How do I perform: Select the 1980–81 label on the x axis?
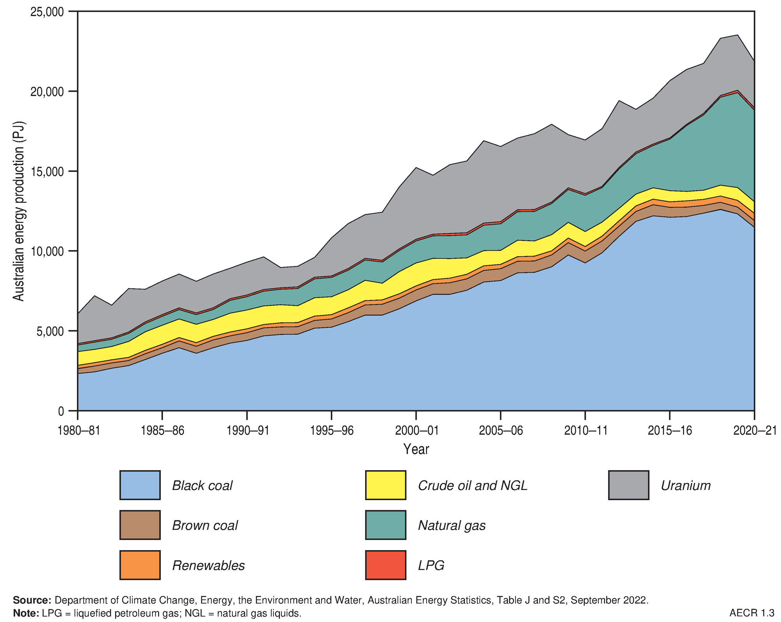click(x=78, y=431)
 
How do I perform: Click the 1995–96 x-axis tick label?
click(x=332, y=431)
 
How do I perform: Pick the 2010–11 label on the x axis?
click(x=585, y=431)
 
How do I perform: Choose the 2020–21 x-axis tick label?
click(x=754, y=431)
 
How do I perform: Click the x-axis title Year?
click(x=416, y=449)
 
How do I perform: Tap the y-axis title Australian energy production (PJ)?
click(x=19, y=211)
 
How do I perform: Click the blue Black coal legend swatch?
click(x=140, y=485)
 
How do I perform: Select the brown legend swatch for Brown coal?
click(x=140, y=525)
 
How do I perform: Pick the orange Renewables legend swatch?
click(x=140, y=565)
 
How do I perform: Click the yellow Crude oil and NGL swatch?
click(x=385, y=485)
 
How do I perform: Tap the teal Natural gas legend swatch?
click(x=385, y=525)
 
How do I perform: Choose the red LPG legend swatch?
click(x=385, y=565)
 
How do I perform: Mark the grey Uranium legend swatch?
click(x=628, y=485)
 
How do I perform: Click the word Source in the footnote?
click(x=32, y=600)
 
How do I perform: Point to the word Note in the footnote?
click(x=26, y=613)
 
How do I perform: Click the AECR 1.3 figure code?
click(x=751, y=613)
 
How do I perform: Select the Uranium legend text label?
click(x=685, y=486)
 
